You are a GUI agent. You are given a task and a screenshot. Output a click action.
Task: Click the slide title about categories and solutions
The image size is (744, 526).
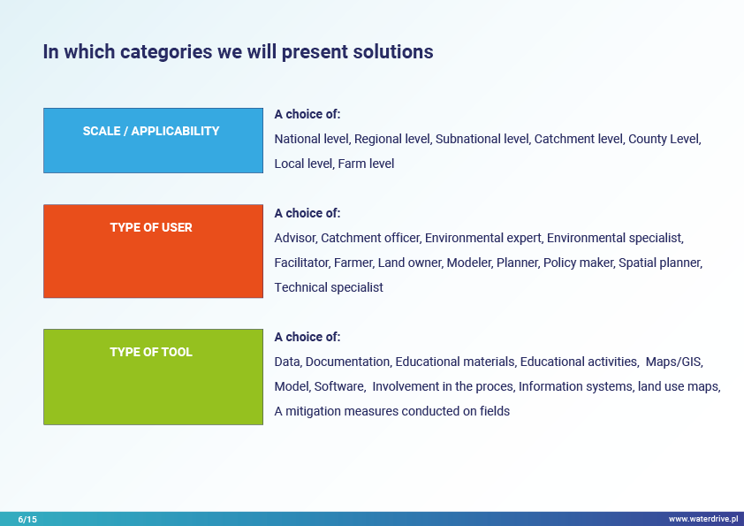(239, 52)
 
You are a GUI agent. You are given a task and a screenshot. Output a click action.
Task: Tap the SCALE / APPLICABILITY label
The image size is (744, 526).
(151, 131)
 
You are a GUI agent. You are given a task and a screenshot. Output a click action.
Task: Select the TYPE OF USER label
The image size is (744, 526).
(151, 227)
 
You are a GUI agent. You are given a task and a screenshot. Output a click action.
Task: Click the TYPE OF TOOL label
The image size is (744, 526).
(151, 352)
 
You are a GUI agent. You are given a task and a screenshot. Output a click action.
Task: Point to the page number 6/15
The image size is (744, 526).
(27, 519)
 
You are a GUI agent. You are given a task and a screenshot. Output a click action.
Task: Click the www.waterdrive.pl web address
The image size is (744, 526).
(703, 519)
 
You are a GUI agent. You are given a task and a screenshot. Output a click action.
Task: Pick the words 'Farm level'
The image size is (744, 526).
(366, 164)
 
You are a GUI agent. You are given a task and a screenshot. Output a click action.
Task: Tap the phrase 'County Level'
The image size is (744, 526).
(664, 139)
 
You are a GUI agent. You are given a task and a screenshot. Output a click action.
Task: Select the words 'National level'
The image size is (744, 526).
(312, 139)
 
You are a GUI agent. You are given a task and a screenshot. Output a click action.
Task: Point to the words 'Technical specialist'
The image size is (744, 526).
(329, 287)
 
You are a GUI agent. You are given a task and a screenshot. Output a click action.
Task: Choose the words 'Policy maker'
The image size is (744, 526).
(578, 263)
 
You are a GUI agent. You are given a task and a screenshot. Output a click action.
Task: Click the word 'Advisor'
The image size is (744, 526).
(295, 238)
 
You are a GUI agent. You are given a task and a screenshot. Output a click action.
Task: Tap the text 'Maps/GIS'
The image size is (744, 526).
(673, 362)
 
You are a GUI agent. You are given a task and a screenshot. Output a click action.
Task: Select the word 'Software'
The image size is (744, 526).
(338, 386)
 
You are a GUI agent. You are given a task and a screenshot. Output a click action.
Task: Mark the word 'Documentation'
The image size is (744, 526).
(347, 362)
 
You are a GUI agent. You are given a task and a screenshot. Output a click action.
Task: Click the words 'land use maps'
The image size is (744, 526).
(678, 386)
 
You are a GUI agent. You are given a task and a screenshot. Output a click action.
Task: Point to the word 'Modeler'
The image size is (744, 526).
(469, 263)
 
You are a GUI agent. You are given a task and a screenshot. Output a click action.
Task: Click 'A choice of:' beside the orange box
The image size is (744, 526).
(307, 213)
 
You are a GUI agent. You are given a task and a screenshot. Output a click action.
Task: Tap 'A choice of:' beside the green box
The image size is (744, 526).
(307, 337)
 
